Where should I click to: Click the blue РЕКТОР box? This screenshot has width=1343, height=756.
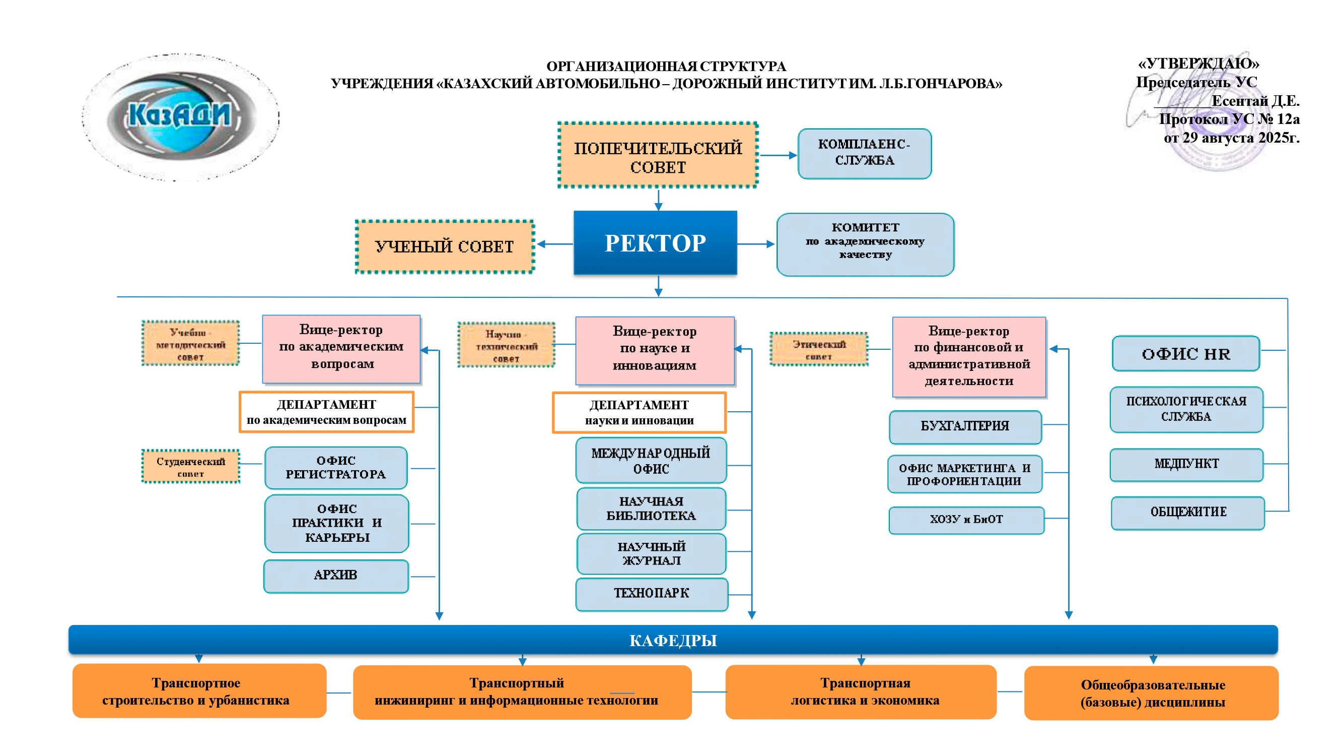coord(655,242)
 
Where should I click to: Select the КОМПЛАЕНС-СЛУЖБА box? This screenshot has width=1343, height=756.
coord(864,153)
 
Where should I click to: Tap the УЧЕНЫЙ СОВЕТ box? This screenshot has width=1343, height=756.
coord(444,246)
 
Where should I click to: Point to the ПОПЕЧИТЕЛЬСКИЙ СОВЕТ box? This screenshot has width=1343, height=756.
coord(658,155)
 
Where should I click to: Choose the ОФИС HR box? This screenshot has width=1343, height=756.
coord(1185,354)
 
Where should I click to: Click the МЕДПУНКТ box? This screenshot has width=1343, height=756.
coord(1185,464)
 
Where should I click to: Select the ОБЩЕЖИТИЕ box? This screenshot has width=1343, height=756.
coord(1187,513)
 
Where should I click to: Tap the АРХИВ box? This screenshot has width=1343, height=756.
coord(336,576)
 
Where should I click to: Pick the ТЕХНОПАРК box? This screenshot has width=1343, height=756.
coord(651,593)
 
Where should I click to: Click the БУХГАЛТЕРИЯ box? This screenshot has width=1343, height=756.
coord(964,426)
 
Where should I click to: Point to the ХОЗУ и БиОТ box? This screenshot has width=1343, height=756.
coord(966,520)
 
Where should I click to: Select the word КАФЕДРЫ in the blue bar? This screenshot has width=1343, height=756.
coord(673,640)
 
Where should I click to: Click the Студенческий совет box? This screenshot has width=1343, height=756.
coord(191,466)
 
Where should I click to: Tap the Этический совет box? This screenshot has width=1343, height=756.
coord(818,350)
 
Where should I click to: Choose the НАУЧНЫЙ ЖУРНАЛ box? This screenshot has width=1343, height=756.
coord(651,553)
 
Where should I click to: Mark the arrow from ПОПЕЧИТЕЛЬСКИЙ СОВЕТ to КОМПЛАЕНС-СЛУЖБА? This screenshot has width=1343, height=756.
coord(778,155)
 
